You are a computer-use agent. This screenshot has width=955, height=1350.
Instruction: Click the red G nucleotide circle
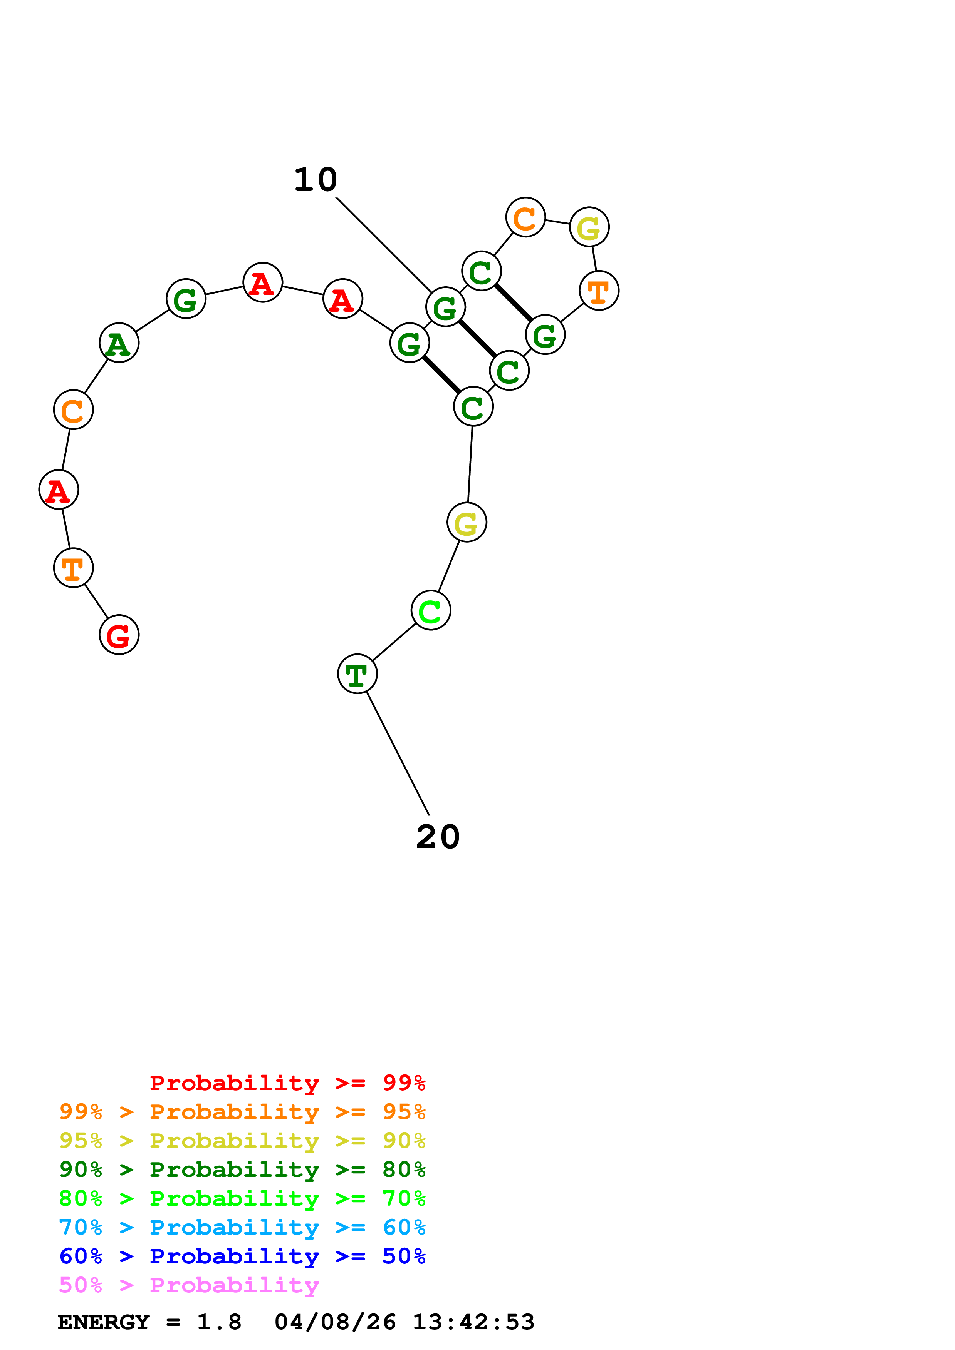pyautogui.click(x=119, y=635)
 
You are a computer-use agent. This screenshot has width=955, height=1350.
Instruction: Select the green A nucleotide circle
pyautogui.click(x=119, y=343)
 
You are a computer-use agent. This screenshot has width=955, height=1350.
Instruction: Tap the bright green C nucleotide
pyautogui.click(x=431, y=610)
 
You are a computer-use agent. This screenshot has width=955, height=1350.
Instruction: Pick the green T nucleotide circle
pyautogui.click(x=357, y=674)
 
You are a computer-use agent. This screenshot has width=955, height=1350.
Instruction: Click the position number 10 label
pyautogui.click(x=316, y=180)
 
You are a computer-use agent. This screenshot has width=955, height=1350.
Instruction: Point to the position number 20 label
pyautogui.click(x=438, y=837)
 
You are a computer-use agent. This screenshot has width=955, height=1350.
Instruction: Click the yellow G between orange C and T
pyautogui.click(x=589, y=227)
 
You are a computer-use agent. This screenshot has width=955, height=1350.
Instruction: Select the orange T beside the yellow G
pyautogui.click(x=599, y=291)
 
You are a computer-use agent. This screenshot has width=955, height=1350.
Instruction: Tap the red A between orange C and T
pyautogui.click(x=58, y=490)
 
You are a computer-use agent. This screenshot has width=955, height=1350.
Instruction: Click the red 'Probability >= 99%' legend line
pyautogui.click(x=287, y=1083)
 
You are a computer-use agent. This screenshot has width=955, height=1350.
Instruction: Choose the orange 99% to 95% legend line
pyautogui.click(x=242, y=1112)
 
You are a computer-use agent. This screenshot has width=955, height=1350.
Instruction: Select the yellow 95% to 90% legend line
pyautogui.click(x=242, y=1141)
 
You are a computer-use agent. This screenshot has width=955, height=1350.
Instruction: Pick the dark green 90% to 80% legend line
pyautogui.click(x=242, y=1170)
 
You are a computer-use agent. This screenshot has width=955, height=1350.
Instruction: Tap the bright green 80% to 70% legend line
pyautogui.click(x=242, y=1198)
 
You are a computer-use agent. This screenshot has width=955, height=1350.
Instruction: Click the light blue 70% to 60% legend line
pyautogui.click(x=242, y=1227)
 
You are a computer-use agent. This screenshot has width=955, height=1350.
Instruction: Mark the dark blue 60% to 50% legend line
pyautogui.click(x=242, y=1256)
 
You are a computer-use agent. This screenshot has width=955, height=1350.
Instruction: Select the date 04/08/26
pyautogui.click(x=335, y=1322)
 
